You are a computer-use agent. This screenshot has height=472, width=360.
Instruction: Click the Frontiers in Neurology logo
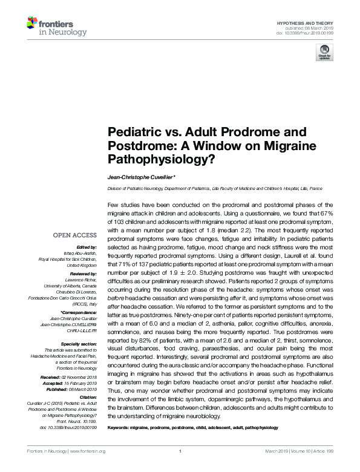point(50,27)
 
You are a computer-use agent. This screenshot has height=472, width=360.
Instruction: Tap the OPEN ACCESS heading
point(76,235)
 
